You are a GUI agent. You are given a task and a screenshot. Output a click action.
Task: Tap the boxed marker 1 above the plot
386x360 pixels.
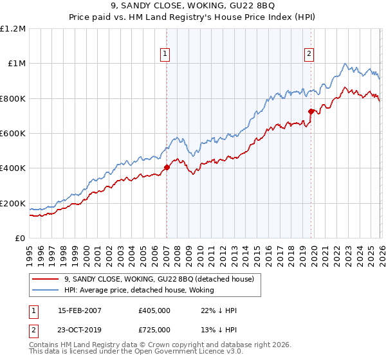pyautogui.click(x=166, y=55)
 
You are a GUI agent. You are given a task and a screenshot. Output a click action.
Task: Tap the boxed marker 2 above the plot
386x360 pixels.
pyautogui.click(x=309, y=55)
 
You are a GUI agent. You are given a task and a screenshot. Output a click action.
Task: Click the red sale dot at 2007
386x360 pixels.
pyautogui.click(x=167, y=168)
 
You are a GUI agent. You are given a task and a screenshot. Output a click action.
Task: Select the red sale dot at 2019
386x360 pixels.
pyautogui.click(x=311, y=112)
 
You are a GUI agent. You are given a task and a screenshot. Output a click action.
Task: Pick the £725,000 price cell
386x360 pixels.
pyautogui.click(x=154, y=329)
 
